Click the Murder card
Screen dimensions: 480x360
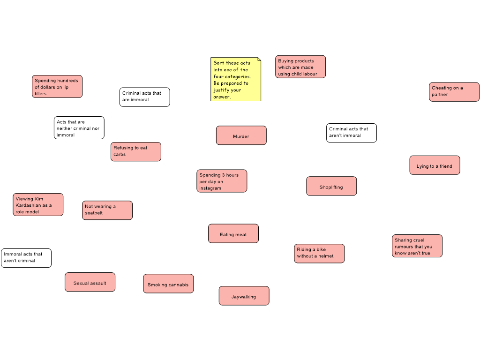pos(241,135)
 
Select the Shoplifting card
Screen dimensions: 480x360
pos(331,186)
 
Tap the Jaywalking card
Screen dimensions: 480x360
pos(244,296)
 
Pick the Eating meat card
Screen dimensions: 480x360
pos(233,233)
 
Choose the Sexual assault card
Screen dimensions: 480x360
pos(90,282)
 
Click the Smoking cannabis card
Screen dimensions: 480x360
pos(168,284)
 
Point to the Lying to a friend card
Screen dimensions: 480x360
pos(435,165)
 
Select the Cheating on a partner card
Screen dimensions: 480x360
pos(454,92)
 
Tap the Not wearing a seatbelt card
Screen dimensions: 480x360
pos(107,210)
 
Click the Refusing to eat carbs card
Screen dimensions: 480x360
pos(136,151)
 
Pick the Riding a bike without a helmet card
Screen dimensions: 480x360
pos(319,254)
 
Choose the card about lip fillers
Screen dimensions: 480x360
pos(57,87)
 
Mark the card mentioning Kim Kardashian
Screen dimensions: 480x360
pos(38,205)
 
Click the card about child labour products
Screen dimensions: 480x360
pos(300,67)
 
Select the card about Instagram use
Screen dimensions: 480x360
pos(222,181)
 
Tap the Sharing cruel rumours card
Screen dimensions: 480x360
pos(417,246)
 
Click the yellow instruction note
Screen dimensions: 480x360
pos(236,79)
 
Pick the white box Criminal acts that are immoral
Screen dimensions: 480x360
pos(144,97)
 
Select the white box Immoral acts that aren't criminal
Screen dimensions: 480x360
pos(26,258)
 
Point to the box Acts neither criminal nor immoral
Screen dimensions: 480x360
pos(79,127)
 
